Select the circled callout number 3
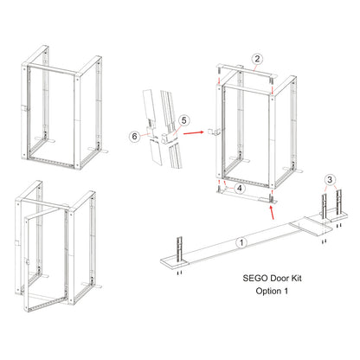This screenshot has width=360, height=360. point(330,179)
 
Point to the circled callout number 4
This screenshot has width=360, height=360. point(239,187)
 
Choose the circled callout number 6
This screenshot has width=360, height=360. point(133,136)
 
